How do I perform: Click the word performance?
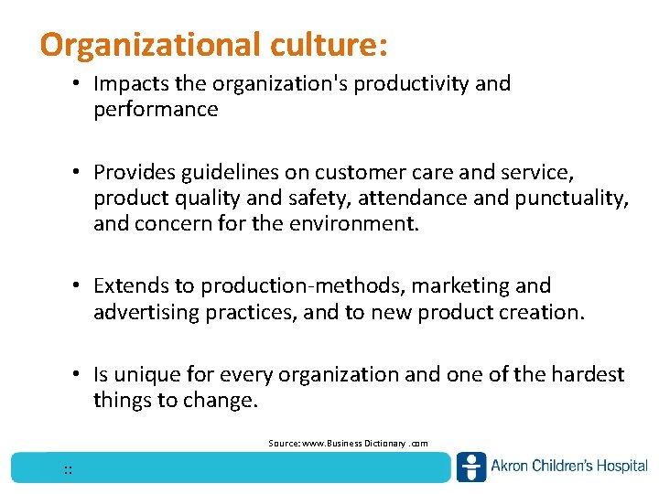pos(155,110)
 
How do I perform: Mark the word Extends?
pos(127,287)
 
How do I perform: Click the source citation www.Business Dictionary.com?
pos(348,443)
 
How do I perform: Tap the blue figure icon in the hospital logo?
pos(471,467)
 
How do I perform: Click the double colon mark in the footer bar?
pos(68,469)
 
